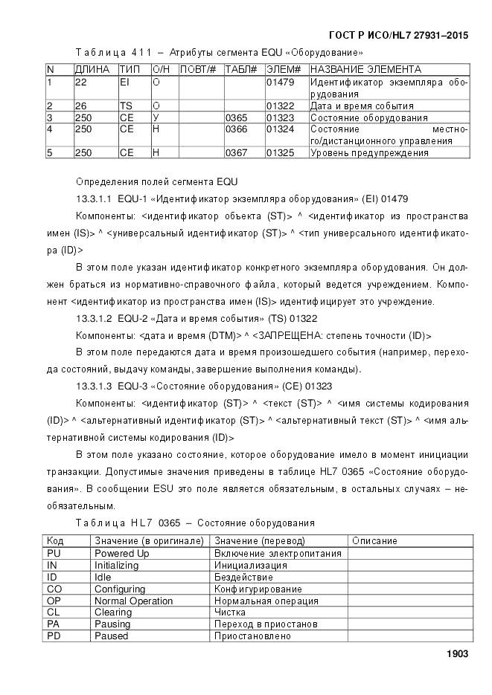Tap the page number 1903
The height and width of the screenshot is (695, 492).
click(x=456, y=654)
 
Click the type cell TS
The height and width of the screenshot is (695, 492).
click(x=126, y=106)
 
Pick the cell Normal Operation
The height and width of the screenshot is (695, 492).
click(x=124, y=601)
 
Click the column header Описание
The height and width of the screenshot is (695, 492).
click(x=374, y=541)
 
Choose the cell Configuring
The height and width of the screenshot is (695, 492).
click(x=119, y=589)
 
